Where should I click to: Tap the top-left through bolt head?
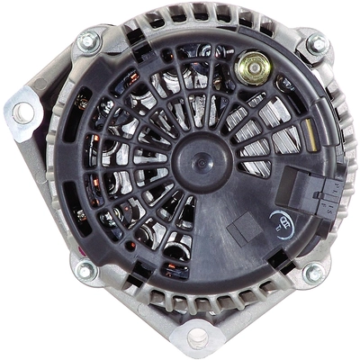(88, 40)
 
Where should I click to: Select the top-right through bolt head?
(315, 43)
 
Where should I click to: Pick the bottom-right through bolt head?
(312, 273)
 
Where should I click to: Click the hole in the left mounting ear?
(22, 112)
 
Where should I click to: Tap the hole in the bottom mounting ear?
(197, 337)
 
